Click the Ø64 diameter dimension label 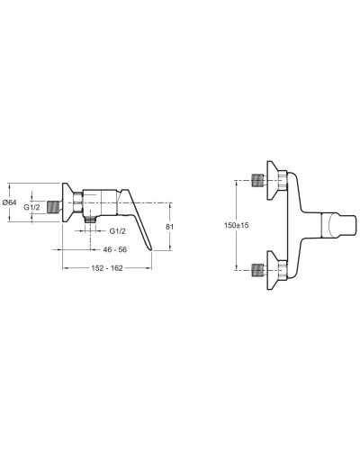coord(9,203)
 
